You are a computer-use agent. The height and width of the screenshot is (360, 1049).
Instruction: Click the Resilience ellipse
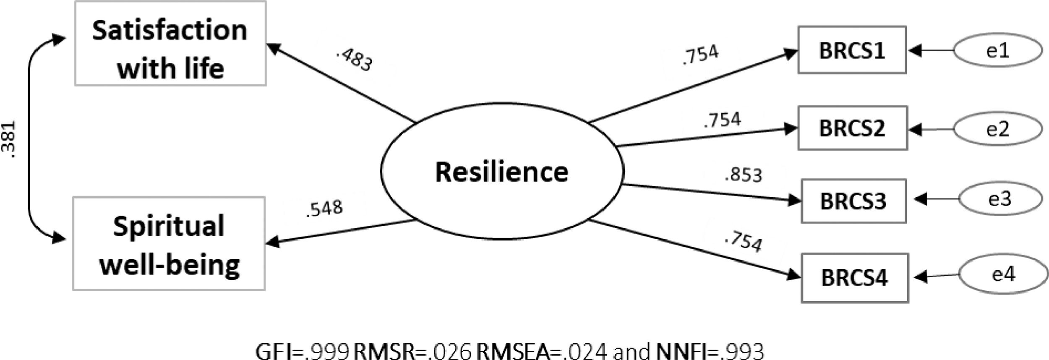[502, 171]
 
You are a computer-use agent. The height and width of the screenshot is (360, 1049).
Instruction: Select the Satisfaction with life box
[170, 44]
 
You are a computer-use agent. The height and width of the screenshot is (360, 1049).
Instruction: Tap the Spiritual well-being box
[169, 244]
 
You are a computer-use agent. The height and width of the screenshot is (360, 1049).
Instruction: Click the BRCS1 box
[852, 50]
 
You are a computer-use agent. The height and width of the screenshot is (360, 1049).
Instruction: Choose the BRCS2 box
[852, 128]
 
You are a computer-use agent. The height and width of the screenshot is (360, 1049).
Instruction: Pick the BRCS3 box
[853, 201]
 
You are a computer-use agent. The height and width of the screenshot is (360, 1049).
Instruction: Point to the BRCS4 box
[855, 278]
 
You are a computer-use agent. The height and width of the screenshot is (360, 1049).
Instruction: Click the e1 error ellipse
[998, 50]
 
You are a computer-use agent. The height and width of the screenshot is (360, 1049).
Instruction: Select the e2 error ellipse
[998, 129]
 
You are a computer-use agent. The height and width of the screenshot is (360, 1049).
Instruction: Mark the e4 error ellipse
[1003, 274]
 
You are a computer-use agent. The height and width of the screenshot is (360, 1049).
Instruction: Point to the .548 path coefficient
[324, 208]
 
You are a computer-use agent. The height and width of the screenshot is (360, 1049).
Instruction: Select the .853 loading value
[743, 175]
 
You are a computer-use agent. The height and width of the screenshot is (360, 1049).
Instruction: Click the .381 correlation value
[9, 140]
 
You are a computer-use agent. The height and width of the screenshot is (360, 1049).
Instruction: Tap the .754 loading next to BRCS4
[743, 243]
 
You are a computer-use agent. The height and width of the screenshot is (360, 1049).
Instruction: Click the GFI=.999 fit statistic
[302, 350]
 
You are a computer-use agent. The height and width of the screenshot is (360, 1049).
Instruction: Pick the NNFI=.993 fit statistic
[710, 350]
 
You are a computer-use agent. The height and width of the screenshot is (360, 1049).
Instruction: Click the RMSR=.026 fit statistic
[412, 350]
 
